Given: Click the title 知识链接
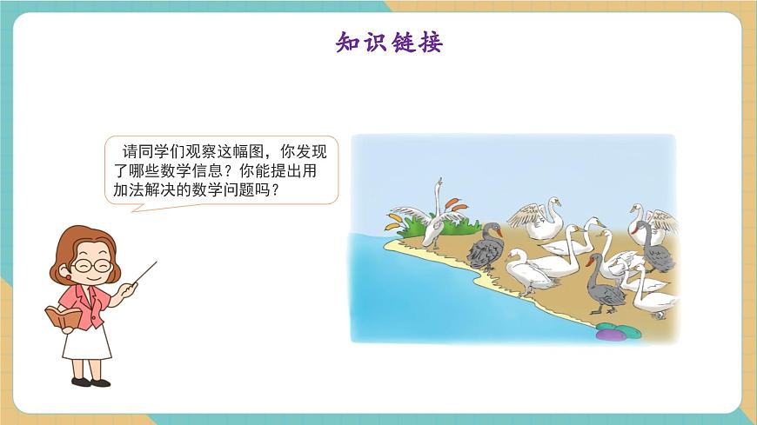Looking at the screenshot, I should click(389, 43).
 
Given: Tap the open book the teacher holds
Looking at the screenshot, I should click(62, 317).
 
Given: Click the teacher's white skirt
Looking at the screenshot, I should click(87, 342).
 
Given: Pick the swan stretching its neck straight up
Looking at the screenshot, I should click(435, 213).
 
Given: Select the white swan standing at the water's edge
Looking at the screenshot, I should click(527, 273).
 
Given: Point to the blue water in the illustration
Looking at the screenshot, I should click(418, 296).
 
